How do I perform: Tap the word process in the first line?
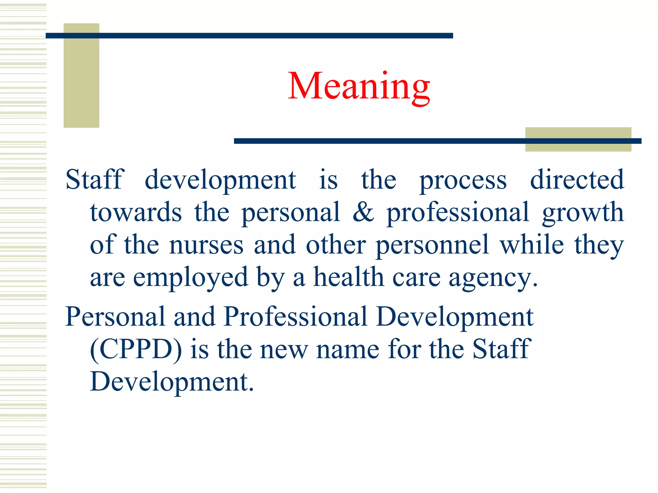pos(463,180)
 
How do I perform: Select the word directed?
pos(577,179)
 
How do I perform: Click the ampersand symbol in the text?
pos(363,212)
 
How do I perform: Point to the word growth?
pos(583,213)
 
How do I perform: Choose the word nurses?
pos(206,245)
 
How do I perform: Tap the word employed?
pos(191,278)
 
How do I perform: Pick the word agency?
pos(493,278)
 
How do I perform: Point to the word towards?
pos(136,212)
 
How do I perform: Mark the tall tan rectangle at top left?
pos(81,75)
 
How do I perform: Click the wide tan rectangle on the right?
pos(578,139)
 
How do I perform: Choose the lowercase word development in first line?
pos(220,180)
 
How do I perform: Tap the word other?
pos(336,245)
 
